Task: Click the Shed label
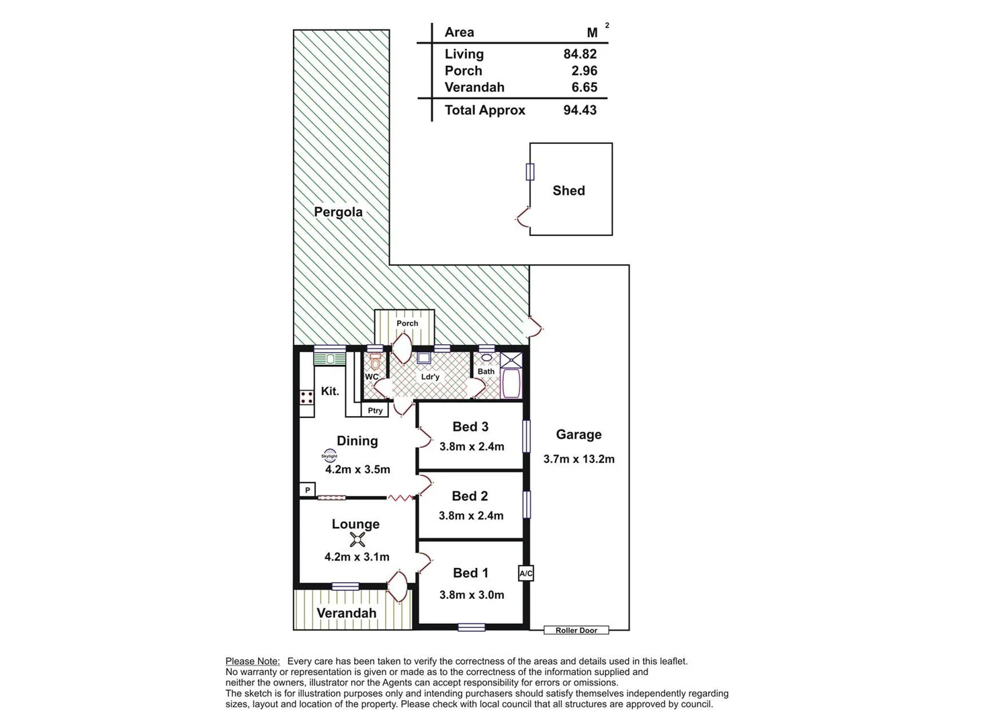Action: pyautogui.click(x=568, y=191)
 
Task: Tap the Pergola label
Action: pyautogui.click(x=338, y=212)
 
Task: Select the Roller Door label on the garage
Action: pyautogui.click(x=576, y=631)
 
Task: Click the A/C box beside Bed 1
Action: pyautogui.click(x=526, y=573)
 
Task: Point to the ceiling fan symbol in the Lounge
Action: pyautogui.click(x=357, y=539)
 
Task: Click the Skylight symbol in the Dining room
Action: pyautogui.click(x=329, y=456)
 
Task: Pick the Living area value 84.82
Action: pyautogui.click(x=580, y=54)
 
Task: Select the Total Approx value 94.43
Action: pyautogui.click(x=580, y=110)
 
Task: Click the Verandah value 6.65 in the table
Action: pyautogui.click(x=584, y=87)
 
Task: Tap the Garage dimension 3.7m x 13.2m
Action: pyautogui.click(x=578, y=459)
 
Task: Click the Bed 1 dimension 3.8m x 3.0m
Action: pyautogui.click(x=471, y=595)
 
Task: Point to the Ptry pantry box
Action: pyautogui.click(x=375, y=410)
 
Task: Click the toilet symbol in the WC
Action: pyautogui.click(x=376, y=361)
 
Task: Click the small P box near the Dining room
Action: pyautogui.click(x=308, y=490)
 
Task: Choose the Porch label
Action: pyautogui.click(x=407, y=323)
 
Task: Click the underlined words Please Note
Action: pyautogui.click(x=253, y=661)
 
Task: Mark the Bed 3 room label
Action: pyautogui.click(x=470, y=427)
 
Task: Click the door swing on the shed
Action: pyautogui.click(x=521, y=215)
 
